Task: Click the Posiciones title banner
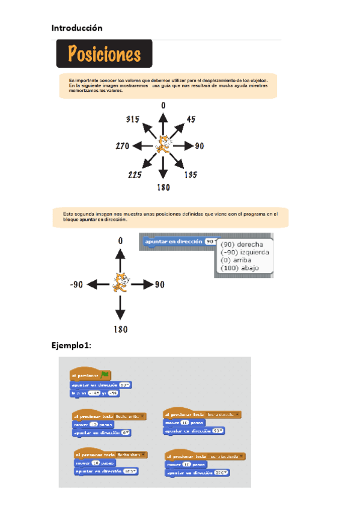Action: coord(104,54)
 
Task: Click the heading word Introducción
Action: coord(76,28)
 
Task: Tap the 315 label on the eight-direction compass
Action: coord(133,119)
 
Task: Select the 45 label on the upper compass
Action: coord(191,119)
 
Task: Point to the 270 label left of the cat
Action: coord(123,146)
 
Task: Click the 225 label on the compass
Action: coord(135,175)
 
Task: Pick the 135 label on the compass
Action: coord(191,175)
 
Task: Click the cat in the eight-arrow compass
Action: coord(162,146)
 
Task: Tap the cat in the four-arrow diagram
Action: coord(120,283)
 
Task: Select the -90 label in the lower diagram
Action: coord(75,284)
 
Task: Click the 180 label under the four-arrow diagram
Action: coord(120,328)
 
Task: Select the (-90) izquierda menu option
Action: coord(245,253)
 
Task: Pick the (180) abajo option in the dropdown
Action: coord(240,268)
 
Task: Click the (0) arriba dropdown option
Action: coord(239,260)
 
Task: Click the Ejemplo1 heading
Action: coord(71,345)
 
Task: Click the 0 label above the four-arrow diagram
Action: coord(120,241)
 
